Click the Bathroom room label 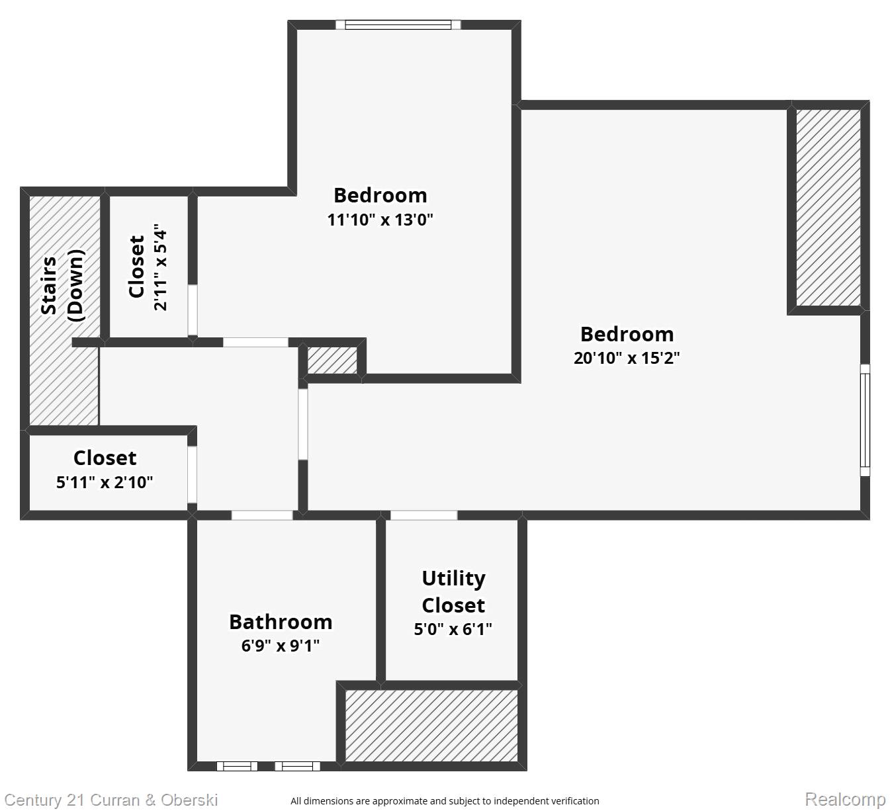point(281,622)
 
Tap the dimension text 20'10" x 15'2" point(627,358)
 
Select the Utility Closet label point(453,591)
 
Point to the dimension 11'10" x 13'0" point(380,219)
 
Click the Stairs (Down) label point(63,285)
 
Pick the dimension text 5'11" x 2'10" point(105,482)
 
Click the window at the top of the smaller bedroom point(398,25)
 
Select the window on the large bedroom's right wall point(864,420)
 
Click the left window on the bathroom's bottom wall point(237,766)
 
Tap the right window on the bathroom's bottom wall point(297,766)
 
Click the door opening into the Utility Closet point(423,515)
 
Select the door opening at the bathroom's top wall point(262,515)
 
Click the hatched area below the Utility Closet point(431,726)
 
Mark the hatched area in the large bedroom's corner point(828,207)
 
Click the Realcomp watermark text point(844,799)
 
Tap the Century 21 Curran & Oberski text point(111,800)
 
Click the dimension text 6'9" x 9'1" point(281,646)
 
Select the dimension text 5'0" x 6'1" point(453,629)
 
